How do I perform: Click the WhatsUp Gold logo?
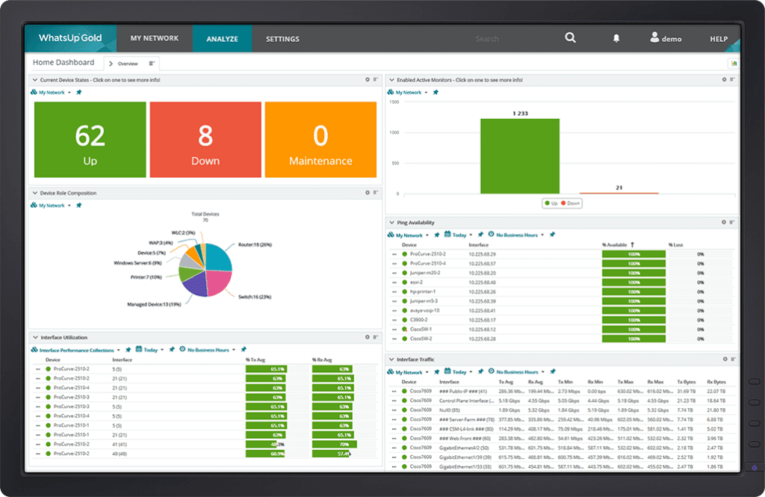click(x=70, y=38)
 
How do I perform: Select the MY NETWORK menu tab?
click(x=154, y=38)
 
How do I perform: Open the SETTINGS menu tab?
click(x=282, y=39)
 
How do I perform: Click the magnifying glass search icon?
click(x=570, y=38)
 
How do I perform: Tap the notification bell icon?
click(x=616, y=38)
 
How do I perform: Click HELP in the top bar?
click(x=718, y=39)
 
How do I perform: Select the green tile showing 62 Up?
click(x=90, y=141)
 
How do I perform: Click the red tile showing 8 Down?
click(x=205, y=141)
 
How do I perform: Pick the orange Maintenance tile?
click(x=320, y=141)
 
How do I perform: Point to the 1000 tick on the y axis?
click(x=395, y=132)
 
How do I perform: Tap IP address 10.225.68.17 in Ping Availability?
click(x=482, y=320)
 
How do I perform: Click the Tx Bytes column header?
click(x=686, y=382)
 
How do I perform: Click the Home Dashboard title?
click(x=64, y=62)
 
